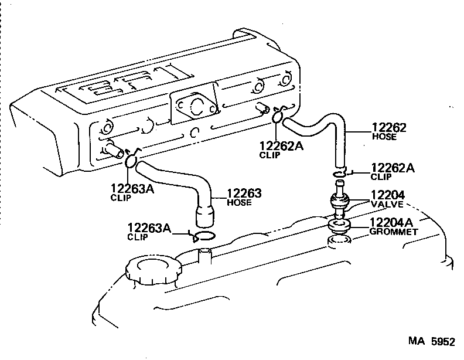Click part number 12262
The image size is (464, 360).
click(388, 127)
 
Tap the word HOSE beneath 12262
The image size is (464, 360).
click(384, 137)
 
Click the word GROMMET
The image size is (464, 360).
click(393, 232)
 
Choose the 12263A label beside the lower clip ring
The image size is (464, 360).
click(149, 227)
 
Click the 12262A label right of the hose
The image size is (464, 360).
click(393, 168)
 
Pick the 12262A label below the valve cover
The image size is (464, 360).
click(282, 146)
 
